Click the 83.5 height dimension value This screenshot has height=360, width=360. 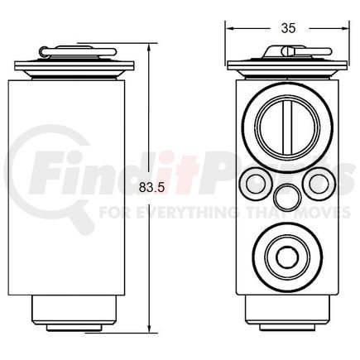(154, 187)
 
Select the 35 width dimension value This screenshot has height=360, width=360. (288, 27)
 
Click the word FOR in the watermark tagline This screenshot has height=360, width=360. (112, 211)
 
